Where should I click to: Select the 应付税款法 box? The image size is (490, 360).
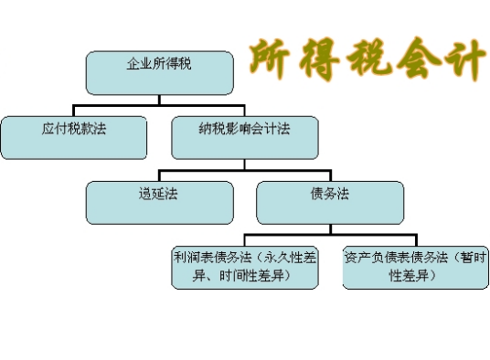[73, 137]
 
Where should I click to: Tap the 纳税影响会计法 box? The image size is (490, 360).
[244, 137]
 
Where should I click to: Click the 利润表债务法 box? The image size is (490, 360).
[245, 266]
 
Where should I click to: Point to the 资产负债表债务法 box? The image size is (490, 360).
[410, 266]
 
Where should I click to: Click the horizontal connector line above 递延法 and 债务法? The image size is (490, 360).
[244, 170]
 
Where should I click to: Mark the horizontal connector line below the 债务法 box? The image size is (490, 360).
[330, 236]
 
